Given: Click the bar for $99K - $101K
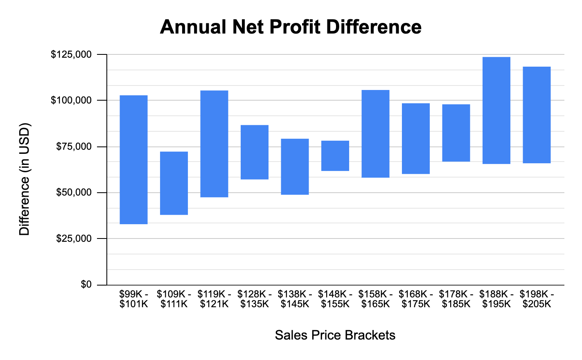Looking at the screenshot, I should [x=133, y=160].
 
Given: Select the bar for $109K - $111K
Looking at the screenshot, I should [x=174, y=183].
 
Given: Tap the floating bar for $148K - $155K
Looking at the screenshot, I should [x=335, y=155].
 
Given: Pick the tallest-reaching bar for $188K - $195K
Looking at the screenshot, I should [x=496, y=110].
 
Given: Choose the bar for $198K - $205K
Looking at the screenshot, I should [x=537, y=115].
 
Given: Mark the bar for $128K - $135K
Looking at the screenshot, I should [x=255, y=152].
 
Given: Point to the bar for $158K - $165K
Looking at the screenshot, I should [x=375, y=133].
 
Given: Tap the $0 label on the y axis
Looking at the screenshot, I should [x=86, y=284].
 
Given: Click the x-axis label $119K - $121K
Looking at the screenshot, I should [x=214, y=299].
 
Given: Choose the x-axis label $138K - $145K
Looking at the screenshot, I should [x=295, y=299].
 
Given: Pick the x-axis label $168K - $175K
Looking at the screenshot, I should [x=415, y=299].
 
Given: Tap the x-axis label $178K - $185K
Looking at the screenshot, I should [x=456, y=299].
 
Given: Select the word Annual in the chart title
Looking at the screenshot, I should [x=193, y=27].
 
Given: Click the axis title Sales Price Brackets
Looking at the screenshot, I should [x=335, y=335].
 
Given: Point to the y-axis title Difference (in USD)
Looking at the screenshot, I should [x=25, y=179].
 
